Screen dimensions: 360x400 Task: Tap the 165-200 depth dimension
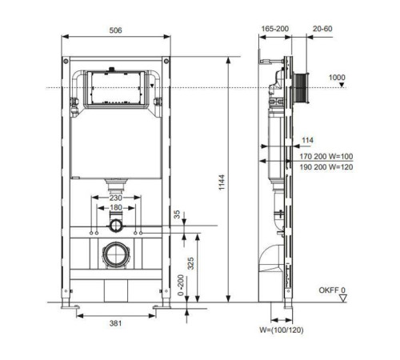pyautogui.click(x=274, y=29)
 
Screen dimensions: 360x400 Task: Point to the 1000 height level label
pyautogui.click(x=337, y=77)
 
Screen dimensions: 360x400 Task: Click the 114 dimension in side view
pyautogui.click(x=306, y=141)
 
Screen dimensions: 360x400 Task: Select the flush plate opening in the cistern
pyautogui.click(x=117, y=87)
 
